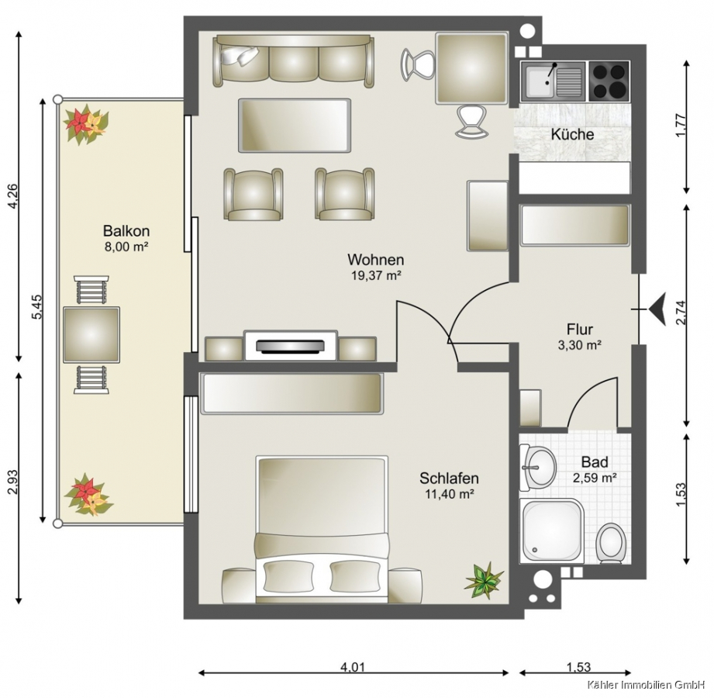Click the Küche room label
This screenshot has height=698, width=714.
coord(572,134)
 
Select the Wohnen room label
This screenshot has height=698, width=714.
coord(376,260)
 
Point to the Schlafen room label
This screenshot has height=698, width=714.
coord(449,479)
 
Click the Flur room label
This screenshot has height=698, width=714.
coord(580,329)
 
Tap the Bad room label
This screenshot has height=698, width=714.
coord(595,462)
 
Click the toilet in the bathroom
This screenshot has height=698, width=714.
coord(611,543)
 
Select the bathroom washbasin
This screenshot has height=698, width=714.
coord(539,468)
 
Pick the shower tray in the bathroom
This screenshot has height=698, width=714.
coord(553,530)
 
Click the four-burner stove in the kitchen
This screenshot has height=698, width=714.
coord(609,81)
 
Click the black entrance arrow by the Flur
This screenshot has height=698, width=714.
coord(657,309)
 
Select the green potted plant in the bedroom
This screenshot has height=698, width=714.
coord(484,579)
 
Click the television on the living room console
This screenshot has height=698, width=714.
coord(291,346)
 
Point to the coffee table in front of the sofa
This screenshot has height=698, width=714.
coord(295,126)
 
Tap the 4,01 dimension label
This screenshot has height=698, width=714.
coord(353,668)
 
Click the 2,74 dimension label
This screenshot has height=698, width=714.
coord(681,314)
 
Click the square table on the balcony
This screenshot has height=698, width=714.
coord(91,335)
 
